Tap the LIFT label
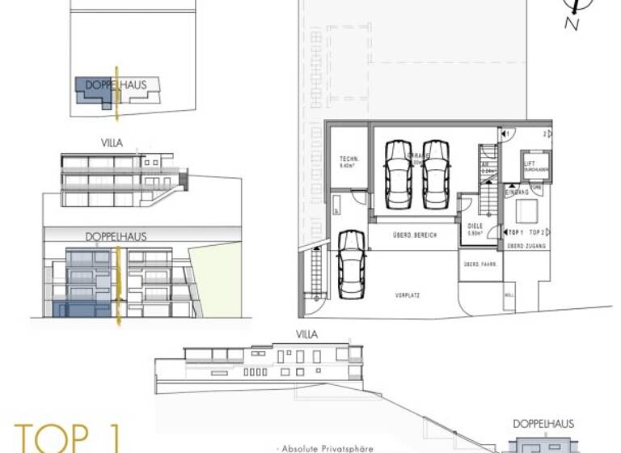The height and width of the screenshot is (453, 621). [530, 163]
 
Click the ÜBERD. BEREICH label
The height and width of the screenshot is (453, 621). [414, 234]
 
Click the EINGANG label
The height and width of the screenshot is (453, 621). [517, 192]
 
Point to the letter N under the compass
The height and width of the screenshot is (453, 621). [572, 24]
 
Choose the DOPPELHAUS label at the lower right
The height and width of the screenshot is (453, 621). [543, 424]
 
